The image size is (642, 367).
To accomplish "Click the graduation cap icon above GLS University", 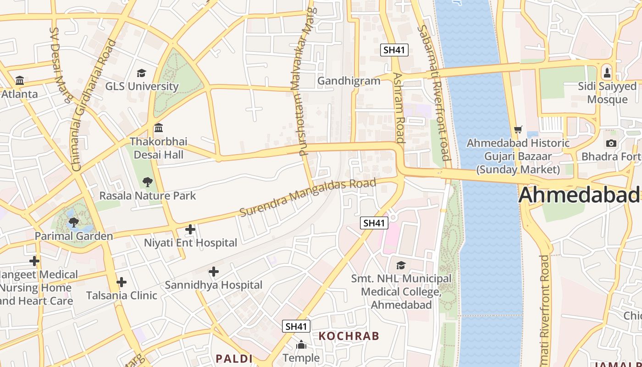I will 141,73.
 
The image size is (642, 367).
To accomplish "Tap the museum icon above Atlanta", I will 20,81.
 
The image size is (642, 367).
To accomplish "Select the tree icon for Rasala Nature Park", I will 147,182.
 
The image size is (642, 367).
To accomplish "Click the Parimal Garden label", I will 74,236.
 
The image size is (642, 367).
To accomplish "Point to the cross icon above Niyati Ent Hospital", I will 190,229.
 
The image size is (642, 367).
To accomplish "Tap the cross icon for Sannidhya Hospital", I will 213,272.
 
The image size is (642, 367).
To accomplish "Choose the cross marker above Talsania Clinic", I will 122,282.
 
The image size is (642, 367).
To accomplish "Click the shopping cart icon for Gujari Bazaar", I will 518,130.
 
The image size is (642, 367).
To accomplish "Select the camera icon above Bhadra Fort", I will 611,144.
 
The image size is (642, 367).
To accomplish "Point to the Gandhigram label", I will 349,81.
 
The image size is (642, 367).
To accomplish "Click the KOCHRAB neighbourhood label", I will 349,336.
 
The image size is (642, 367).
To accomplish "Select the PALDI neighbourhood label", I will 234,358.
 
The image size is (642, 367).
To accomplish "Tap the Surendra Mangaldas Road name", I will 308,198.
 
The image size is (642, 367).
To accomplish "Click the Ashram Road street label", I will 398,107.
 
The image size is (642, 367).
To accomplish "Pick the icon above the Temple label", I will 301,345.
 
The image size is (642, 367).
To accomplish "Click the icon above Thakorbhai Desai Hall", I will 159,128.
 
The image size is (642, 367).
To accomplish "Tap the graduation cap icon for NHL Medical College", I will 401,265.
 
